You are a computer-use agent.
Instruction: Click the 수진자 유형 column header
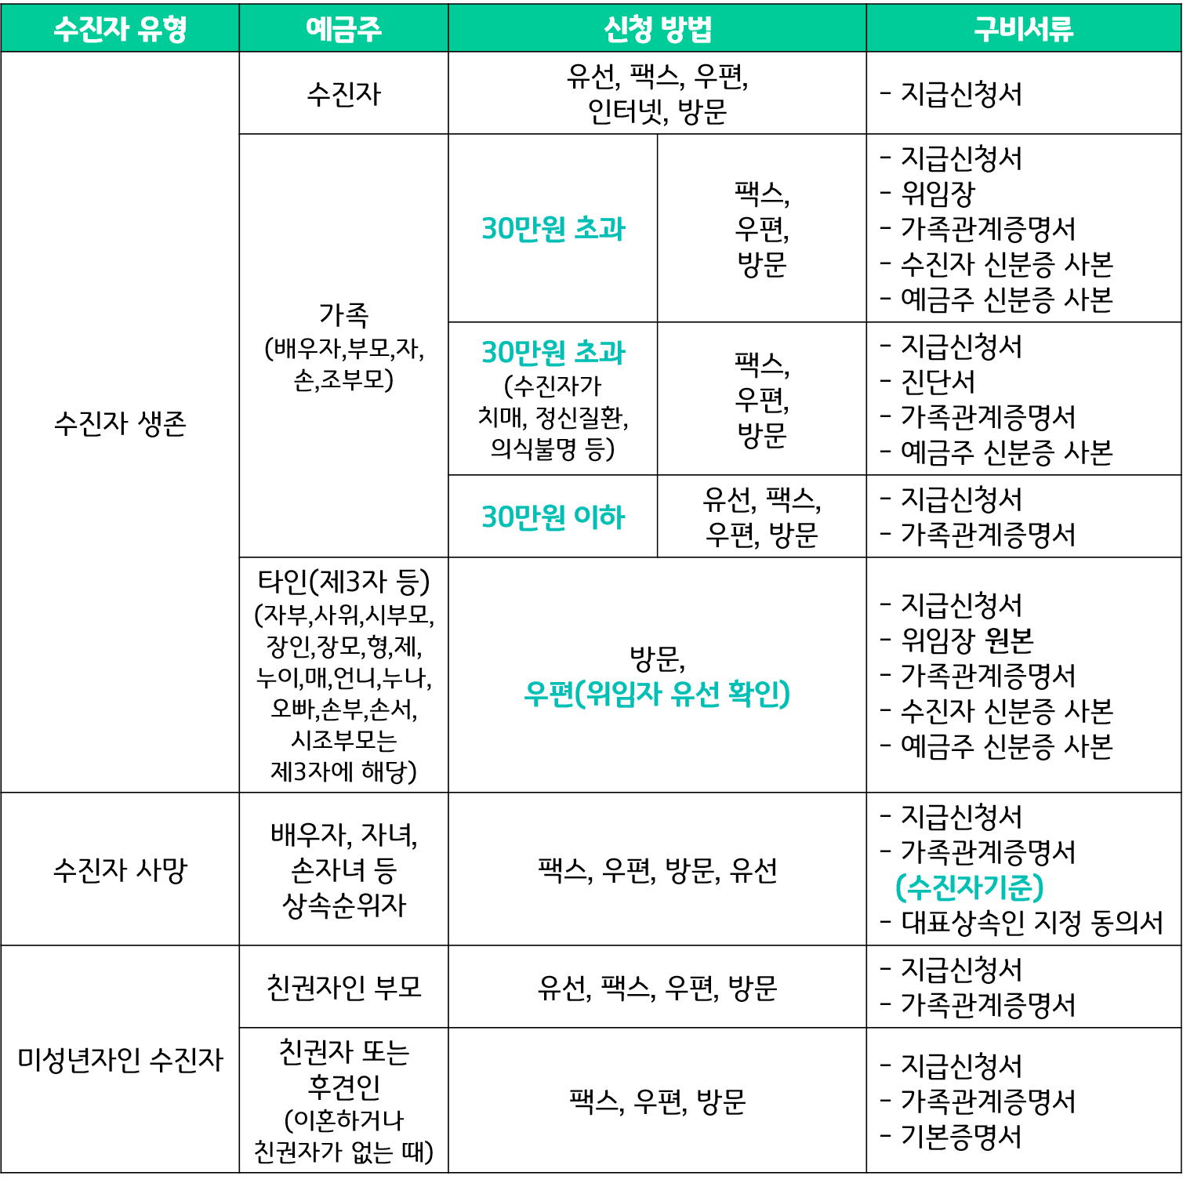120,29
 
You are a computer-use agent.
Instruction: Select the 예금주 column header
343,29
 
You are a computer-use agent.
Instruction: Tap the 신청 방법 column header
657,29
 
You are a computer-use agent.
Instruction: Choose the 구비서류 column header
1023,29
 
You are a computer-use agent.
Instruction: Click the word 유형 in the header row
162,29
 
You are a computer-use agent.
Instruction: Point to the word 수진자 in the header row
91,29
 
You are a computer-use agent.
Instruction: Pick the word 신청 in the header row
628,29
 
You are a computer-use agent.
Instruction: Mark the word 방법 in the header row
686,29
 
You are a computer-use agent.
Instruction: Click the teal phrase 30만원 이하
553,517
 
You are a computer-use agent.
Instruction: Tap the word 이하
600,517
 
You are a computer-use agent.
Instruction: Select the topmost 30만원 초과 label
553,229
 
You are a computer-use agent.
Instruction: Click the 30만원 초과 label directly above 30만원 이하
553,353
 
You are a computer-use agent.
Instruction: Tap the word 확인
757,694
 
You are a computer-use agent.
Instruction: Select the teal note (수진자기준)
969,887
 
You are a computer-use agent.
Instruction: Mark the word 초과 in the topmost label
600,229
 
